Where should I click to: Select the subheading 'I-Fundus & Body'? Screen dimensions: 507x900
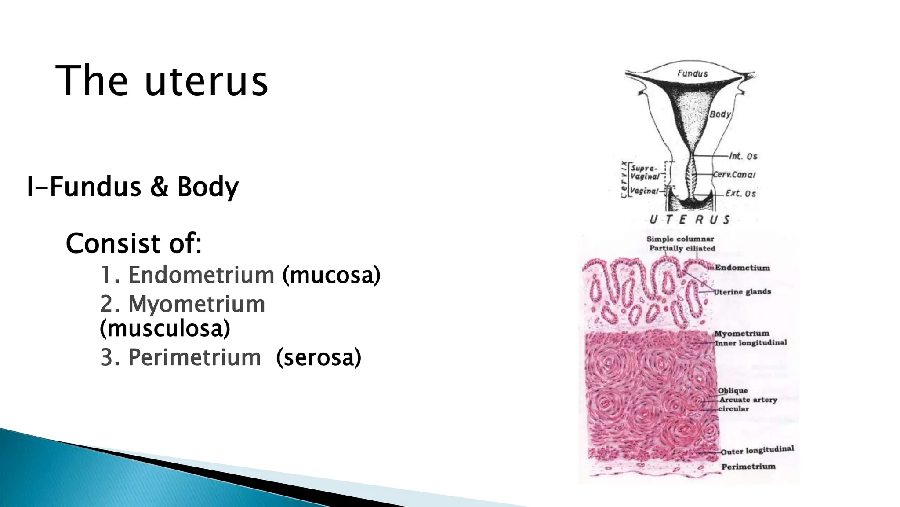(133, 187)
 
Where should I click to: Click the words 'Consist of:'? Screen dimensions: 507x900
(134, 243)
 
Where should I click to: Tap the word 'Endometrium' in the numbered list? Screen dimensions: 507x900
(201, 275)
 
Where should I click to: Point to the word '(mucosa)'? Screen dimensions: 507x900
(331, 275)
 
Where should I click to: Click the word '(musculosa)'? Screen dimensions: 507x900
(165, 328)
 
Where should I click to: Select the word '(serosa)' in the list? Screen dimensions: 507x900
(319, 357)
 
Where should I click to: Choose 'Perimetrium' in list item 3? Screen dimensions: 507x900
(194, 357)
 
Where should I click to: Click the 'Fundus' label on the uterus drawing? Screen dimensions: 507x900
(692, 73)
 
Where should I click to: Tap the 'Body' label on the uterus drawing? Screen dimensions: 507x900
(720, 114)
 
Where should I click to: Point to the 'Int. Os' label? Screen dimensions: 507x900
(743, 156)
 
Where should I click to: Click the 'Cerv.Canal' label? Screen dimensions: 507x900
(734, 175)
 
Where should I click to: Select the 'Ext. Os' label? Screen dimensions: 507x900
(740, 193)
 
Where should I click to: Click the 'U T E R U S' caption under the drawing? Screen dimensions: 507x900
(690, 220)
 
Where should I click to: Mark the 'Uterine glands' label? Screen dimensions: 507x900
(742, 292)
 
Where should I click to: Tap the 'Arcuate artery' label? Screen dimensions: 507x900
(748, 400)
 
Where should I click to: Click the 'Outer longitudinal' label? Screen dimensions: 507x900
(757, 450)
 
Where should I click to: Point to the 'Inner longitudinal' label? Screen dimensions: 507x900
(751, 343)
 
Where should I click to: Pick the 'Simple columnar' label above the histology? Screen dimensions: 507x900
(680, 239)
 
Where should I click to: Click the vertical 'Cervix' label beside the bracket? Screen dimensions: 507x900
(624, 180)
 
